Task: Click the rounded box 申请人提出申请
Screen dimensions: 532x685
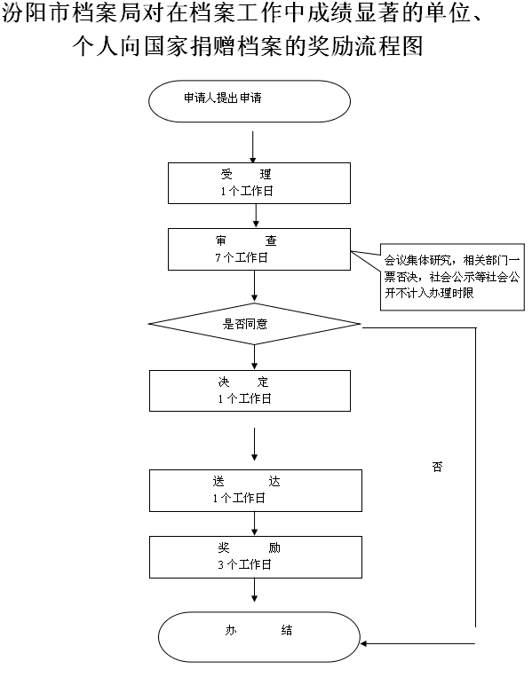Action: (x=250, y=101)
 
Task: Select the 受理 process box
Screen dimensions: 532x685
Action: (x=259, y=183)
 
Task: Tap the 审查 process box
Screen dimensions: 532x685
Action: (x=259, y=249)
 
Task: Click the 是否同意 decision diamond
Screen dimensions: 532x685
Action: (x=254, y=324)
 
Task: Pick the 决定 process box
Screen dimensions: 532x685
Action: (x=250, y=390)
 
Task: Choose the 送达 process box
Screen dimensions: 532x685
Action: (x=256, y=491)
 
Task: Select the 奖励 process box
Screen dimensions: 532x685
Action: (x=256, y=557)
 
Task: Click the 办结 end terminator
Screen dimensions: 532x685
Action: (x=258, y=637)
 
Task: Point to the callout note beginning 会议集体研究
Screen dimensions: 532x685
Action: (x=452, y=277)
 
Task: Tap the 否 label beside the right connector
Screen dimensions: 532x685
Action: (x=437, y=467)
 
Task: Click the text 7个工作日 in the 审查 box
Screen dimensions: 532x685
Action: (x=241, y=257)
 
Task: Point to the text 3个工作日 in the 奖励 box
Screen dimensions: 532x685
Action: (x=244, y=564)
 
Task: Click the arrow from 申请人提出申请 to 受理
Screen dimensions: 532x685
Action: (x=252, y=146)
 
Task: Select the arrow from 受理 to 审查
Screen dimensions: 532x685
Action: (x=256, y=216)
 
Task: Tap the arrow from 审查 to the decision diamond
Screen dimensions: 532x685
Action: (x=254, y=286)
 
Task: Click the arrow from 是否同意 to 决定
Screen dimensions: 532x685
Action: (x=254, y=358)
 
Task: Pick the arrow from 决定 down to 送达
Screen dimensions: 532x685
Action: (x=254, y=444)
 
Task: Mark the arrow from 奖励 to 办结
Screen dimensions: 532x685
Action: (x=254, y=590)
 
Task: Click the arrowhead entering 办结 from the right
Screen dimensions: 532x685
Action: (x=364, y=643)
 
